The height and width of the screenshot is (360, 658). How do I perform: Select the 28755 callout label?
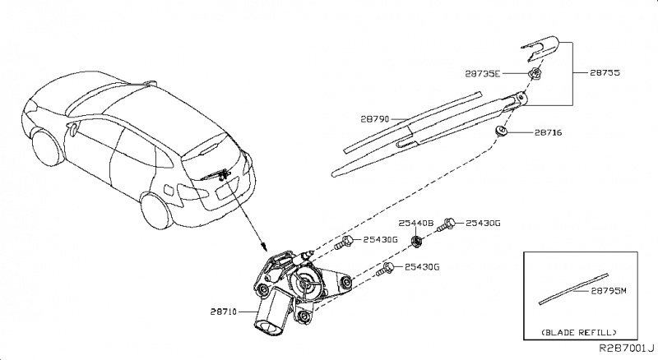click(607, 73)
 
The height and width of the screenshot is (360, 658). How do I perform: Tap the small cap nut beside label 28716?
click(500, 132)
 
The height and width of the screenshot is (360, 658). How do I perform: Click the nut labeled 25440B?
click(416, 240)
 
